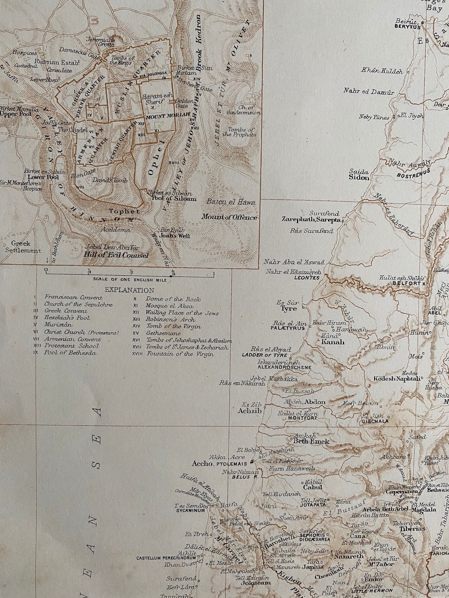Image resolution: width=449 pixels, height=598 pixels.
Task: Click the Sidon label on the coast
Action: (359, 178)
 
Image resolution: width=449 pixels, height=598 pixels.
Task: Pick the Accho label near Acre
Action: (202, 464)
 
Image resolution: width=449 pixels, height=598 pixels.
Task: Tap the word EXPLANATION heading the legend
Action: (129, 290)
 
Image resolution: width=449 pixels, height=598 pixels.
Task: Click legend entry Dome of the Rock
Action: (173, 299)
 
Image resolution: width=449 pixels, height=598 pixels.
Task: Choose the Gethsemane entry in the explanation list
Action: (163, 333)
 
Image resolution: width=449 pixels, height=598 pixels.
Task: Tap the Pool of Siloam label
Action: (172, 199)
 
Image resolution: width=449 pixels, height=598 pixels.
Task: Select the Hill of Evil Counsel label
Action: (116, 255)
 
